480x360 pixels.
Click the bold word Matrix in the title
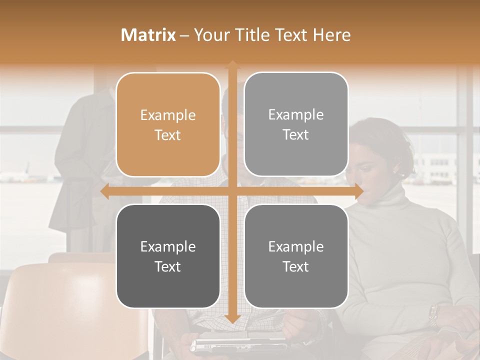click(148, 35)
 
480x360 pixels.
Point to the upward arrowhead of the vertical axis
click(232, 64)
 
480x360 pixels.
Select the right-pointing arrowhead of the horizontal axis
click(358, 191)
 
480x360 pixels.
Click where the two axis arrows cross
click(232, 191)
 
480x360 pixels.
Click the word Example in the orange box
click(168, 115)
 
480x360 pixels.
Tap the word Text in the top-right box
click(296, 135)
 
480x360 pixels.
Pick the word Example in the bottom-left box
click(168, 246)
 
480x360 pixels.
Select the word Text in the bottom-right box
click(296, 266)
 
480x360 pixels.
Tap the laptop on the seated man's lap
click(235, 344)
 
